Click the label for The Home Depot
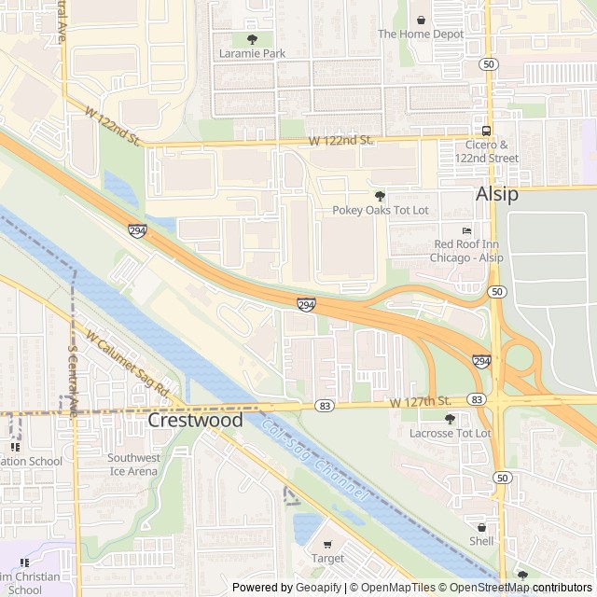(x=420, y=35)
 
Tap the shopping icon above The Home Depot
(x=421, y=20)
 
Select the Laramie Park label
(x=253, y=54)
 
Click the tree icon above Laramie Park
(x=252, y=39)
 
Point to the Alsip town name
(x=497, y=195)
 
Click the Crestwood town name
(x=195, y=421)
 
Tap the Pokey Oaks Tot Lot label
(x=381, y=210)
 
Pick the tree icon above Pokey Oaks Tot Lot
(x=380, y=195)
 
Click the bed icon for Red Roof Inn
(x=466, y=229)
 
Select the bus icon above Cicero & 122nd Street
(x=486, y=131)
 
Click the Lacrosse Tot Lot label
(x=451, y=434)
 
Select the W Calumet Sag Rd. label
(x=132, y=360)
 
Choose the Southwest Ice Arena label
(x=132, y=464)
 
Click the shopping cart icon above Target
(x=326, y=544)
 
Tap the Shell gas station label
(x=481, y=541)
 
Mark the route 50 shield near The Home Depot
(x=489, y=63)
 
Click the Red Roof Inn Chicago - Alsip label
(x=467, y=251)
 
